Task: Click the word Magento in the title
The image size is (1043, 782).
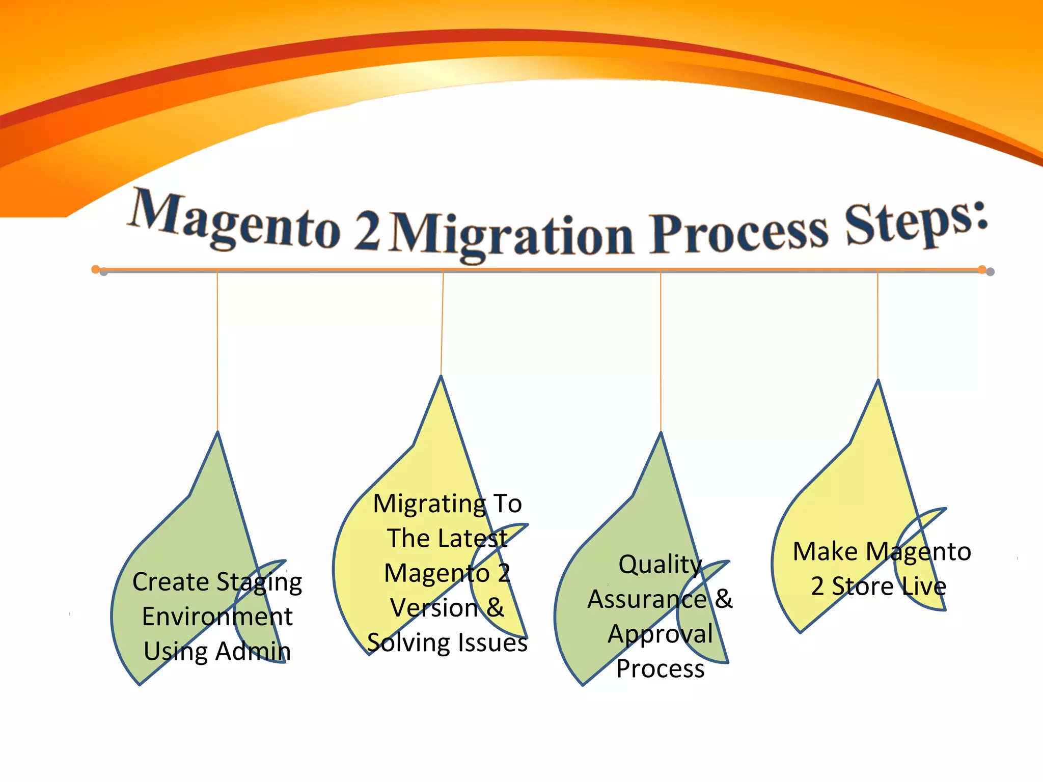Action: click(234, 221)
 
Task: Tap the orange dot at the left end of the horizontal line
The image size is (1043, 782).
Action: click(95, 269)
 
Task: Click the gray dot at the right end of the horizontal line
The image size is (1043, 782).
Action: click(990, 272)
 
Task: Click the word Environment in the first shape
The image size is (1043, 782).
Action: click(217, 617)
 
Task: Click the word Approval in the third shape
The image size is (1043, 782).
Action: click(660, 634)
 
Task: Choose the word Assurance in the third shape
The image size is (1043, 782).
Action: click(647, 599)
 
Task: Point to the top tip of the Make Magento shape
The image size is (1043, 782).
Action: click(878, 381)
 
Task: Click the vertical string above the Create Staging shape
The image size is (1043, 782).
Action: click(217, 351)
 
